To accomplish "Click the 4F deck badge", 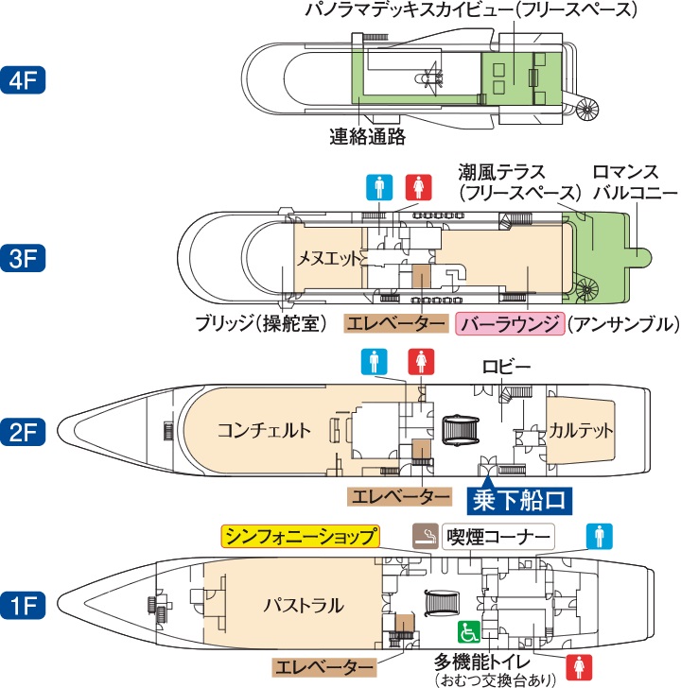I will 24,78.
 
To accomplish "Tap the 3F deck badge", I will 24,258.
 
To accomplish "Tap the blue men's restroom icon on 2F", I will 375,361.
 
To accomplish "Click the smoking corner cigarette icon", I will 426,536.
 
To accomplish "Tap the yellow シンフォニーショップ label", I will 301,536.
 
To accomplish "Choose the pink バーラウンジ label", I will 511,323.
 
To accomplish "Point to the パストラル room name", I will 303,605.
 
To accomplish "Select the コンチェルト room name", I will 264,431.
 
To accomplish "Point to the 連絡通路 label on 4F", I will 368,137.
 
